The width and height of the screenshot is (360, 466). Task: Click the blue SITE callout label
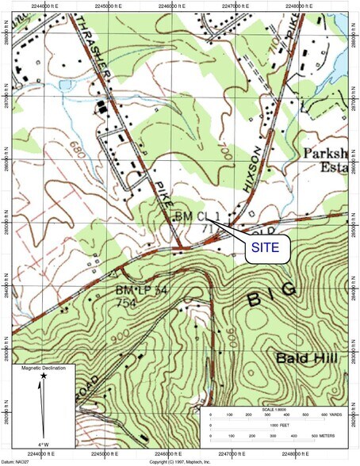[266, 246]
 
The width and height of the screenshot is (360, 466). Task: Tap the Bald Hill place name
[308, 358]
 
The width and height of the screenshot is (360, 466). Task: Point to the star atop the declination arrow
[44, 375]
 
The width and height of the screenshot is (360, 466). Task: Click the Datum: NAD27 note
[17, 461]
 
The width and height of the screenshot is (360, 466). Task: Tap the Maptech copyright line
[180, 461]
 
